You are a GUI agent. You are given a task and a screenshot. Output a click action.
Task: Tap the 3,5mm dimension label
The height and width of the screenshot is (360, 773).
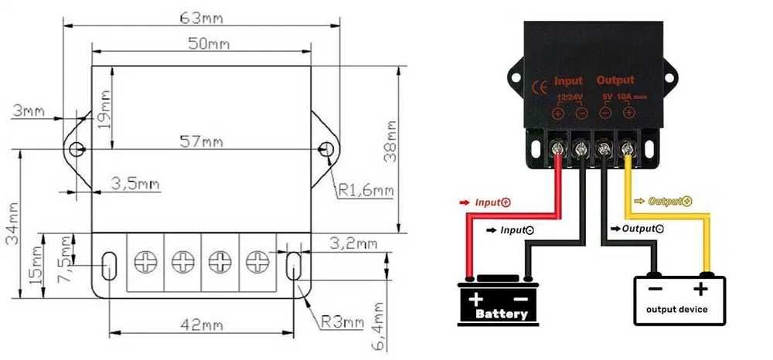pos(135,184)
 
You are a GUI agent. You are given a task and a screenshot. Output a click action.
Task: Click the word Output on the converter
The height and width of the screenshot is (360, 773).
pos(615,80)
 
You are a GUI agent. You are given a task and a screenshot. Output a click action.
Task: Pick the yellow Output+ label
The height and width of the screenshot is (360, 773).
pos(666,200)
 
